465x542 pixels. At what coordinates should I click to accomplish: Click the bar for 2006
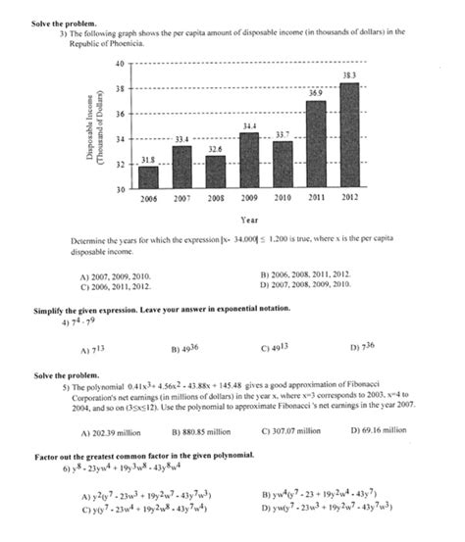click(148, 177)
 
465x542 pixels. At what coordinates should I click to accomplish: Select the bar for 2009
click(249, 160)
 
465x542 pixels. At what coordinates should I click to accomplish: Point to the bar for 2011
click(316, 144)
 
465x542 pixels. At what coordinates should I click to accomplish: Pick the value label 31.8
click(148, 160)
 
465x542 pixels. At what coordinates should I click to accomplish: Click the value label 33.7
click(283, 134)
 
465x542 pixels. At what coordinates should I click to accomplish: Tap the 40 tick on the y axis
click(119, 64)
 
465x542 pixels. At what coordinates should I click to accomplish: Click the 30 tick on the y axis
click(119, 188)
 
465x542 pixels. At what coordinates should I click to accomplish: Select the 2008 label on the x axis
click(216, 198)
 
